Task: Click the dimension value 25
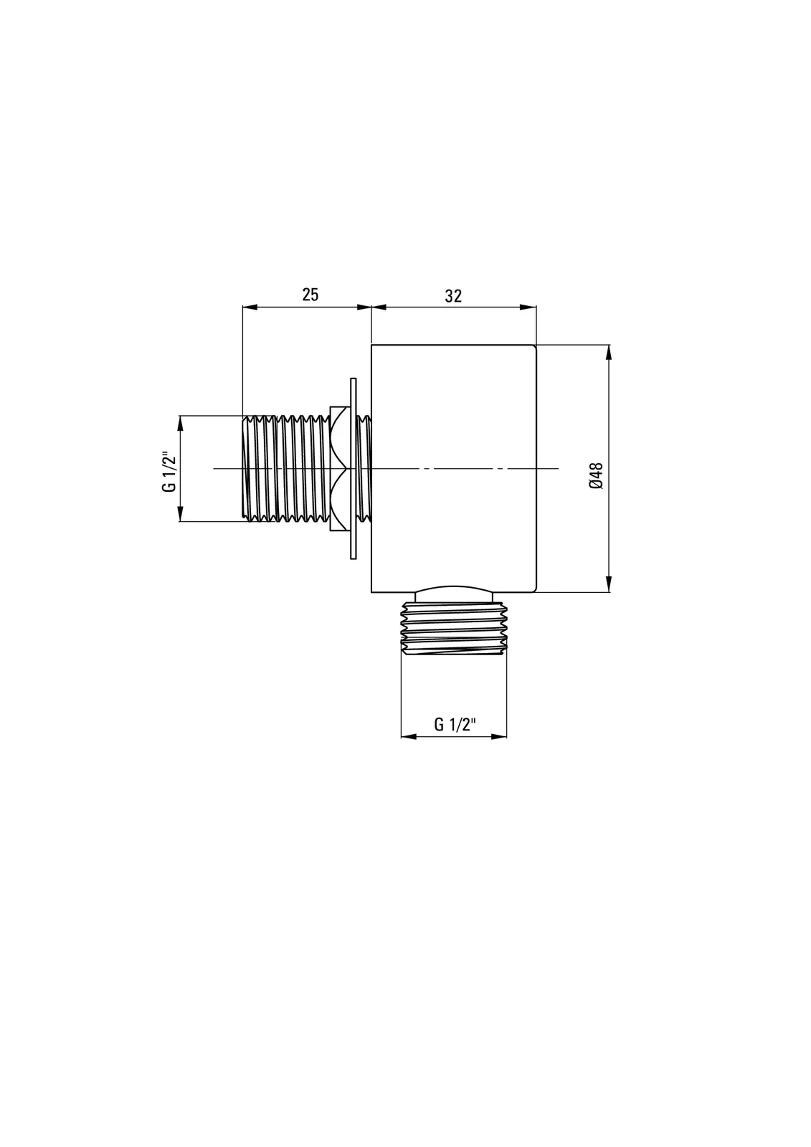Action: click(x=310, y=295)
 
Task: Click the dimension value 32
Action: click(x=453, y=296)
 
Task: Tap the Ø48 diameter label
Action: click(x=596, y=476)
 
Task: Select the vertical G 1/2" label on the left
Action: click(x=169, y=472)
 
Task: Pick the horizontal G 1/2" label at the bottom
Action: click(x=455, y=725)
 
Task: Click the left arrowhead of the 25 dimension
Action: click(x=250, y=308)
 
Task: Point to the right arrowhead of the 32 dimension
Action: click(x=528, y=308)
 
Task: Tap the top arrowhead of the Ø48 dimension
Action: click(x=609, y=353)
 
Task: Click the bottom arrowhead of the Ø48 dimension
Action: click(x=609, y=584)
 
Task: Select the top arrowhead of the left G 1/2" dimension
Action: click(x=180, y=424)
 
